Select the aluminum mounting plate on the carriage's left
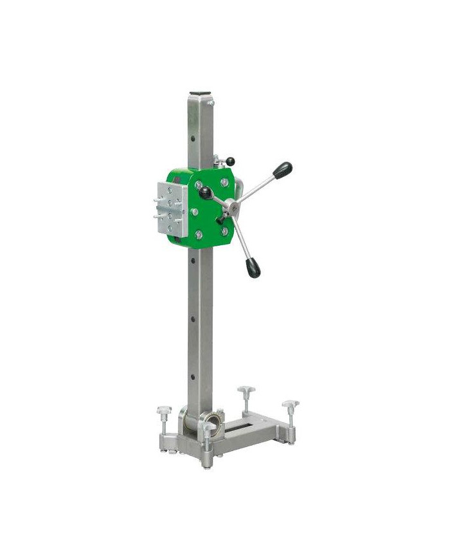point(170,206)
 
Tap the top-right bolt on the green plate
point(223,183)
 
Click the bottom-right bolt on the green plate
point(224,231)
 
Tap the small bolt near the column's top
point(211,102)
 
